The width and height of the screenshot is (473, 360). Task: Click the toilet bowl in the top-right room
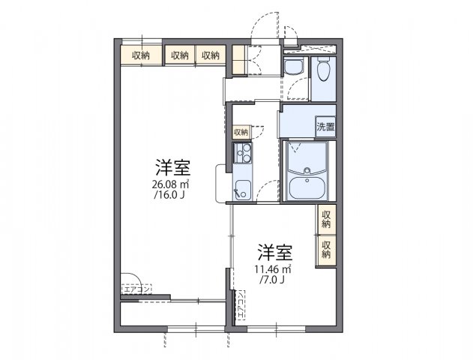[x=323, y=72]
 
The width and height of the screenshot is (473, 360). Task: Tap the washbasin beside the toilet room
[x=292, y=67]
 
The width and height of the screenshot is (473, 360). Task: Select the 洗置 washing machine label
[x=325, y=127]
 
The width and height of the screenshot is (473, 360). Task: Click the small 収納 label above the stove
[x=240, y=132]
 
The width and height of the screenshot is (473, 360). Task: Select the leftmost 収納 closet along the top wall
[x=141, y=55]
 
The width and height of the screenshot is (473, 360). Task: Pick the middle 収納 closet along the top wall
[x=178, y=55]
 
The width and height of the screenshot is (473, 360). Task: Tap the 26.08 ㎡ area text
[x=172, y=184]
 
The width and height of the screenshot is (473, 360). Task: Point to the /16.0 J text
[x=171, y=195]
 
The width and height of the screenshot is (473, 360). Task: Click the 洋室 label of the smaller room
[x=275, y=251]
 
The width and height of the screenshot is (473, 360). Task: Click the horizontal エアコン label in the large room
[x=136, y=288]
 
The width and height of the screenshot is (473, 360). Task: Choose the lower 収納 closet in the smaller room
[x=326, y=250]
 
